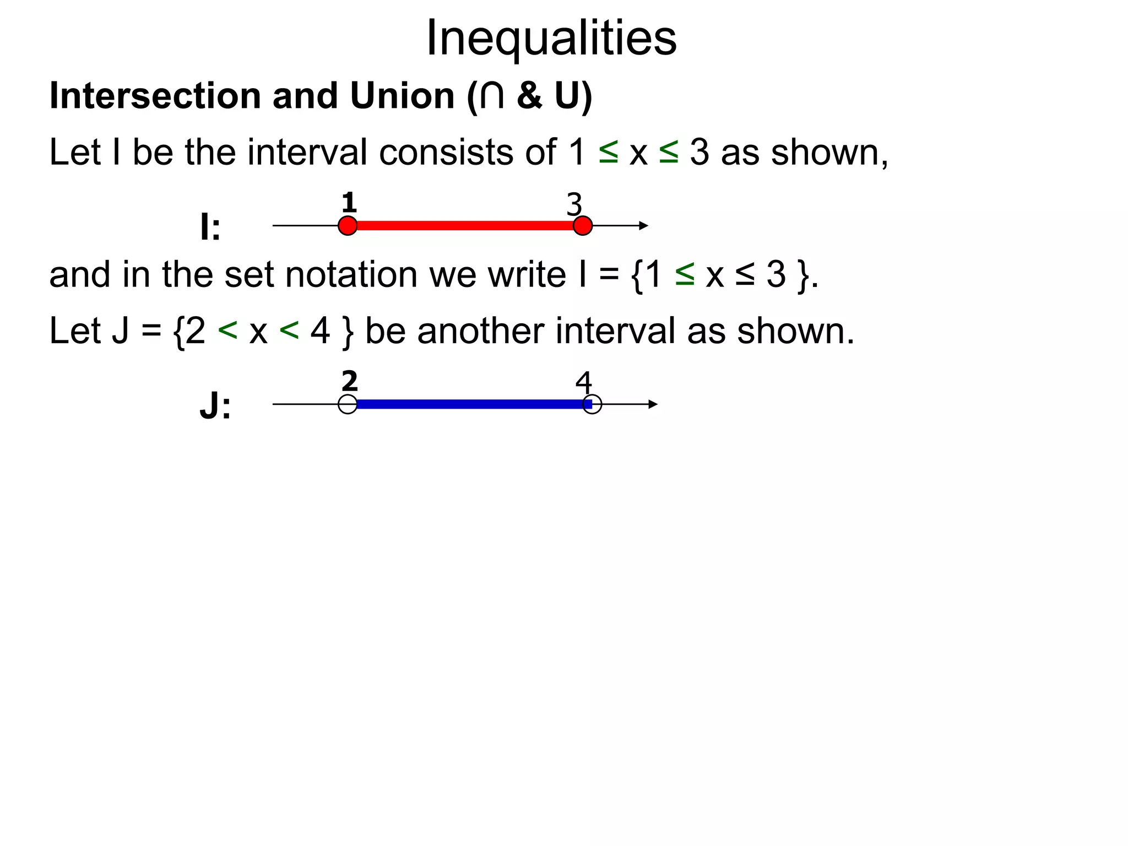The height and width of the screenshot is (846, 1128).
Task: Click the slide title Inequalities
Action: [x=551, y=37]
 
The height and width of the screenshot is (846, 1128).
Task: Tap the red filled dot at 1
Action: [x=348, y=226]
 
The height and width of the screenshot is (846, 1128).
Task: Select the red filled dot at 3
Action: [x=582, y=226]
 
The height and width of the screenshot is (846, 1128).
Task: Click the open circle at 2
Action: [x=348, y=404]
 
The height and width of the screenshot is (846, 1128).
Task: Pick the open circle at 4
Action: [x=592, y=404]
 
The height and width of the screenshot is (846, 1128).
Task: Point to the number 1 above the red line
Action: [x=349, y=203]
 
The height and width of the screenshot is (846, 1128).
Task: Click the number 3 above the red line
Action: [x=574, y=205]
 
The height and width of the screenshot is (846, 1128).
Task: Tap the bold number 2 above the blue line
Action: [x=349, y=381]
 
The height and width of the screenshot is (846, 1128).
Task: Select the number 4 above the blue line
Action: [x=583, y=382]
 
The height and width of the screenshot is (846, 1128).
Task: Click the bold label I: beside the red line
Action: [x=210, y=227]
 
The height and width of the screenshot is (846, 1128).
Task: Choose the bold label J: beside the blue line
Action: [x=215, y=407]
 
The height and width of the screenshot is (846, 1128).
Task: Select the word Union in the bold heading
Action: [x=402, y=96]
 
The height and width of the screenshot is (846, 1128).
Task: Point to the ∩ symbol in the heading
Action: [x=491, y=96]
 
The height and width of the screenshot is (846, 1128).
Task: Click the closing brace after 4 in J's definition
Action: [x=347, y=332]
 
